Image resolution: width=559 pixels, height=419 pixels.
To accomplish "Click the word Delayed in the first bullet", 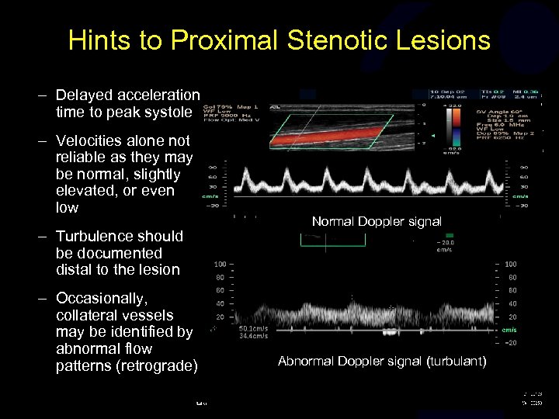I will [x=85, y=95].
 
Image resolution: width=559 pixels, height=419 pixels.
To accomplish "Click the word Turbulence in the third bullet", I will [x=96, y=236].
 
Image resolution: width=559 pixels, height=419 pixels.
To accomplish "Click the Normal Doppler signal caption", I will [x=377, y=222].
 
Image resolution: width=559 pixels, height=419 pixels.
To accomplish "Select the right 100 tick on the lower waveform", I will [x=510, y=265].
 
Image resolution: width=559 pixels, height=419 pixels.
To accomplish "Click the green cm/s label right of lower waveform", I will [x=510, y=330].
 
